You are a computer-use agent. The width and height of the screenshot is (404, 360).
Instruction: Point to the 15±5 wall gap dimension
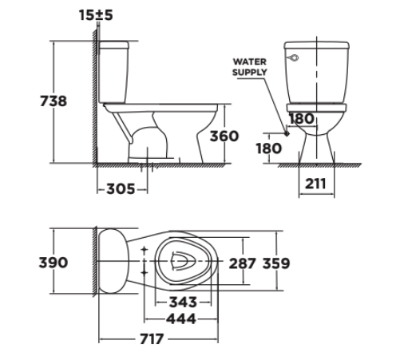tap(97, 13)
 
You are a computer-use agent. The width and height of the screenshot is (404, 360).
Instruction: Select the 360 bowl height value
tap(224, 136)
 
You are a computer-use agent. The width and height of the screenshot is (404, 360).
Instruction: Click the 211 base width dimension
tap(316, 183)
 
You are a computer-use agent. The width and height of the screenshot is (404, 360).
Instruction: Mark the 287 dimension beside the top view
tap(243, 263)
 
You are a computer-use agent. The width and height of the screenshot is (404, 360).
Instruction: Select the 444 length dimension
tap(182, 319)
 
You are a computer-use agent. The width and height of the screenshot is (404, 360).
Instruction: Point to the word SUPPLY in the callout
tap(250, 72)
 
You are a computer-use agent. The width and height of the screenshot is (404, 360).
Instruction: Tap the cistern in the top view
tap(114, 261)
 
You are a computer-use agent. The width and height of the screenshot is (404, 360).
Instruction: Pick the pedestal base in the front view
tap(316, 148)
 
